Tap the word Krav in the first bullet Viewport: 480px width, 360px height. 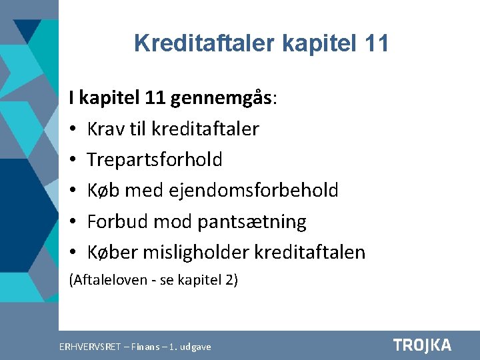click(x=106, y=129)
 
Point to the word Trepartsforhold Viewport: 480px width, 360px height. click(x=155, y=159)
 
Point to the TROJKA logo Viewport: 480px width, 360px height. click(x=422, y=345)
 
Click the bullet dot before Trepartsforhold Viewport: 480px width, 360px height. click(x=74, y=160)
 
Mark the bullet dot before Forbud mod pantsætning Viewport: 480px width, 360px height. click(x=74, y=222)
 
